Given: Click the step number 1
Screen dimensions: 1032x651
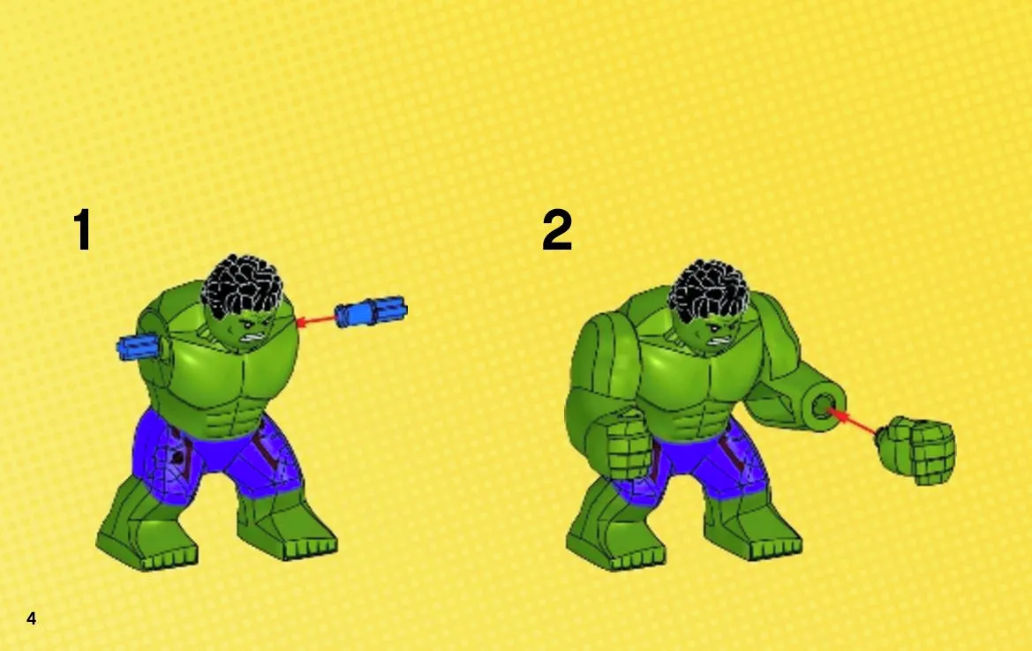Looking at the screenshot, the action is tap(82, 229).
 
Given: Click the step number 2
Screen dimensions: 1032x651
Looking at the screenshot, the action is tap(557, 229).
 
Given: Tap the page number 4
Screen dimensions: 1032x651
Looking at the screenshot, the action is tap(32, 618).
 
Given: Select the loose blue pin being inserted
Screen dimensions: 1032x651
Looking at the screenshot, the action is tap(371, 311).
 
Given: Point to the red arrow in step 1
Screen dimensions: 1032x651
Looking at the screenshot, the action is tap(316, 321).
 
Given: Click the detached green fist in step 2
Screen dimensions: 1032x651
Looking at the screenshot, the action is tap(917, 451).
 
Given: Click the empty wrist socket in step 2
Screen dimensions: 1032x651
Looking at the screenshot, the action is tap(824, 404).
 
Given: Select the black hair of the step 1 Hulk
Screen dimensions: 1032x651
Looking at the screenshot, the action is tap(243, 286).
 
